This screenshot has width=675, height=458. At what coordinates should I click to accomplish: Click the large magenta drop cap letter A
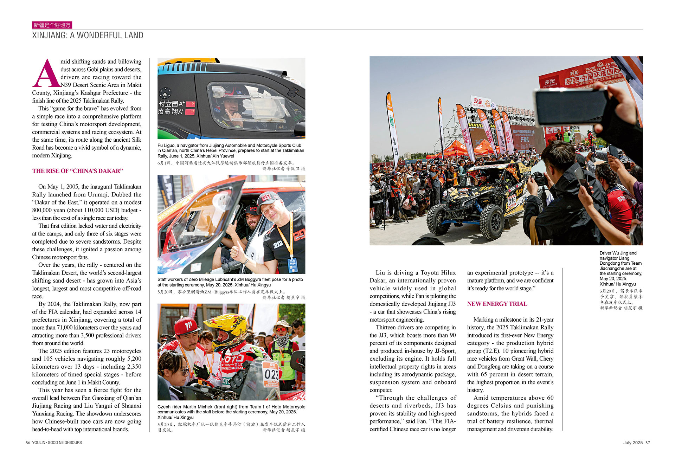click(46, 73)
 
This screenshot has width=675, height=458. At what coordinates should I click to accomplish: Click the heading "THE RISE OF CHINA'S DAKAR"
click(77, 171)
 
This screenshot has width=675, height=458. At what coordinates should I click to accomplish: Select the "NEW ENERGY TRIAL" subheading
click(497, 304)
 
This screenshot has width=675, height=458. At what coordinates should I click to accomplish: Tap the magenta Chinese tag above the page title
click(52, 25)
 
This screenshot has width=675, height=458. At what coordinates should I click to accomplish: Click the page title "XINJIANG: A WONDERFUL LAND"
click(88, 35)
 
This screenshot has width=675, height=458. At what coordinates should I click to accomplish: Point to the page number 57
click(648, 443)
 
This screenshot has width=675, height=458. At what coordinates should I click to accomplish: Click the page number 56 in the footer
click(28, 443)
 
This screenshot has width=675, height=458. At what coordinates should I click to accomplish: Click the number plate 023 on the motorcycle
click(271, 374)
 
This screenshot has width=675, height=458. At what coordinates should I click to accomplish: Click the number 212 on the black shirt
click(278, 244)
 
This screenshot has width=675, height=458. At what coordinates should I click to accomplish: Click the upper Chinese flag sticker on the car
click(190, 104)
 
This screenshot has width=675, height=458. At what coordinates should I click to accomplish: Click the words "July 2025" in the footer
click(633, 443)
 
